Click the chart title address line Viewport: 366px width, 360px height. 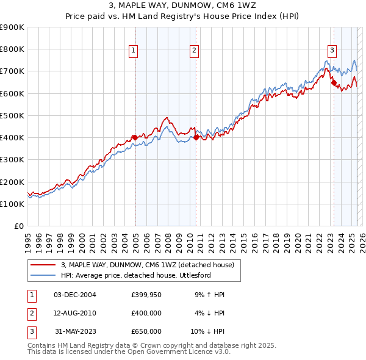pos(183,6)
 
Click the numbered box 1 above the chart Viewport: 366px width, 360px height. pos(132,51)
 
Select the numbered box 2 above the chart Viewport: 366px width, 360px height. pos(194,51)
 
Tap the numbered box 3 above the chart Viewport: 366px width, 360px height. pos(332,51)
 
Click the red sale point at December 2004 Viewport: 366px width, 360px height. pos(134,137)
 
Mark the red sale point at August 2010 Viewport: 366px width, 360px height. pos(196,138)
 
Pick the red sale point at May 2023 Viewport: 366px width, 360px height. pos(334,83)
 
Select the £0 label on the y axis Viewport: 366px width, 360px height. pos(18,226)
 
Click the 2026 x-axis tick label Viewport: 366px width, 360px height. pos(362,241)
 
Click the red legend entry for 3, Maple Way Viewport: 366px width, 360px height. pos(151,265)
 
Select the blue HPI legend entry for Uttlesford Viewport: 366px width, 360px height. pos(144,276)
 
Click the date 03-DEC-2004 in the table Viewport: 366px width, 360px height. pos(74,295)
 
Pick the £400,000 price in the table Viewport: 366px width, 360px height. pos(146,313)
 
